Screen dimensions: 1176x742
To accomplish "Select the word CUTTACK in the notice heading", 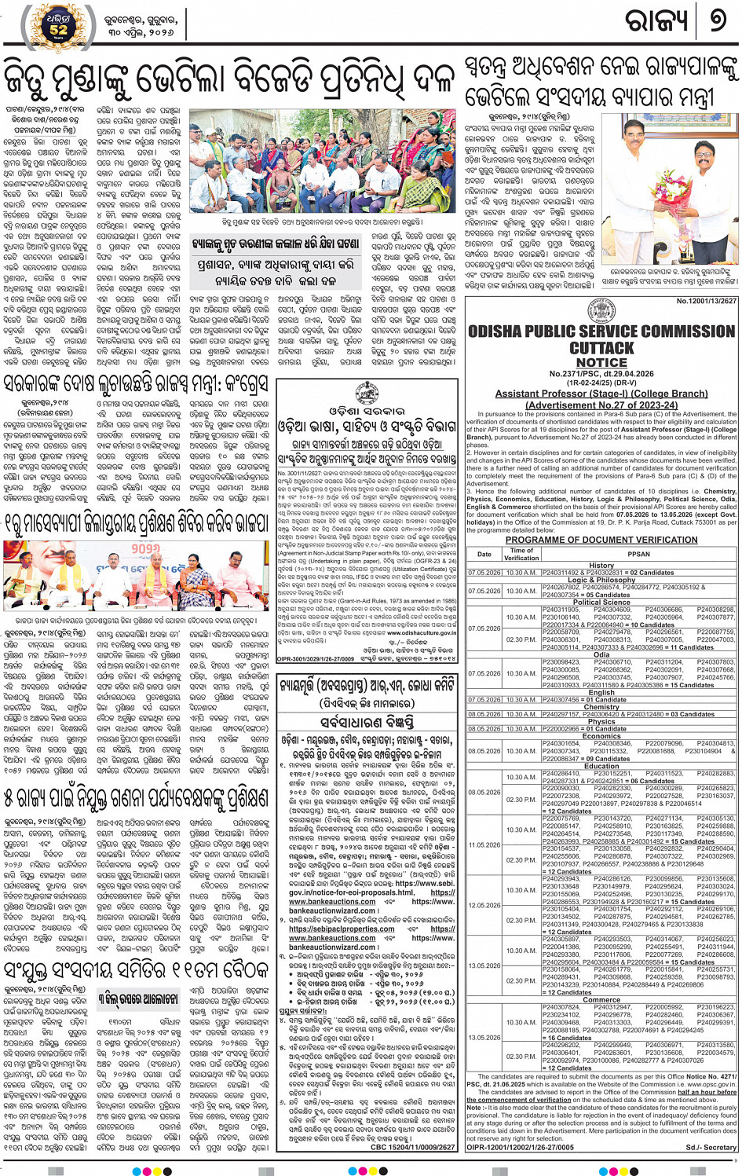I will coord(601,348).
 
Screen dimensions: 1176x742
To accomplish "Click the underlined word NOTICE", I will coord(601,363).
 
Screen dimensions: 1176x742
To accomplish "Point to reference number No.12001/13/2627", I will coord(707,300).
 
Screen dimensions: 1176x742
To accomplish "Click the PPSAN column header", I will coord(638,554).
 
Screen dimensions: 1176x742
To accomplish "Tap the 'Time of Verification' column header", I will coord(521,554).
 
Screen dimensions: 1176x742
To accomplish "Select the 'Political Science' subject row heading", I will coord(601,602).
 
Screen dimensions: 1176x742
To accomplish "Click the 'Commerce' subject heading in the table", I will coord(601,999).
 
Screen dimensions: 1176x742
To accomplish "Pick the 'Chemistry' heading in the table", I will coord(601,706).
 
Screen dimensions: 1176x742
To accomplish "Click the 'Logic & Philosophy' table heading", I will coord(601,580).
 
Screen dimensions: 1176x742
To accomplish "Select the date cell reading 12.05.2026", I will coord(484,905).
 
